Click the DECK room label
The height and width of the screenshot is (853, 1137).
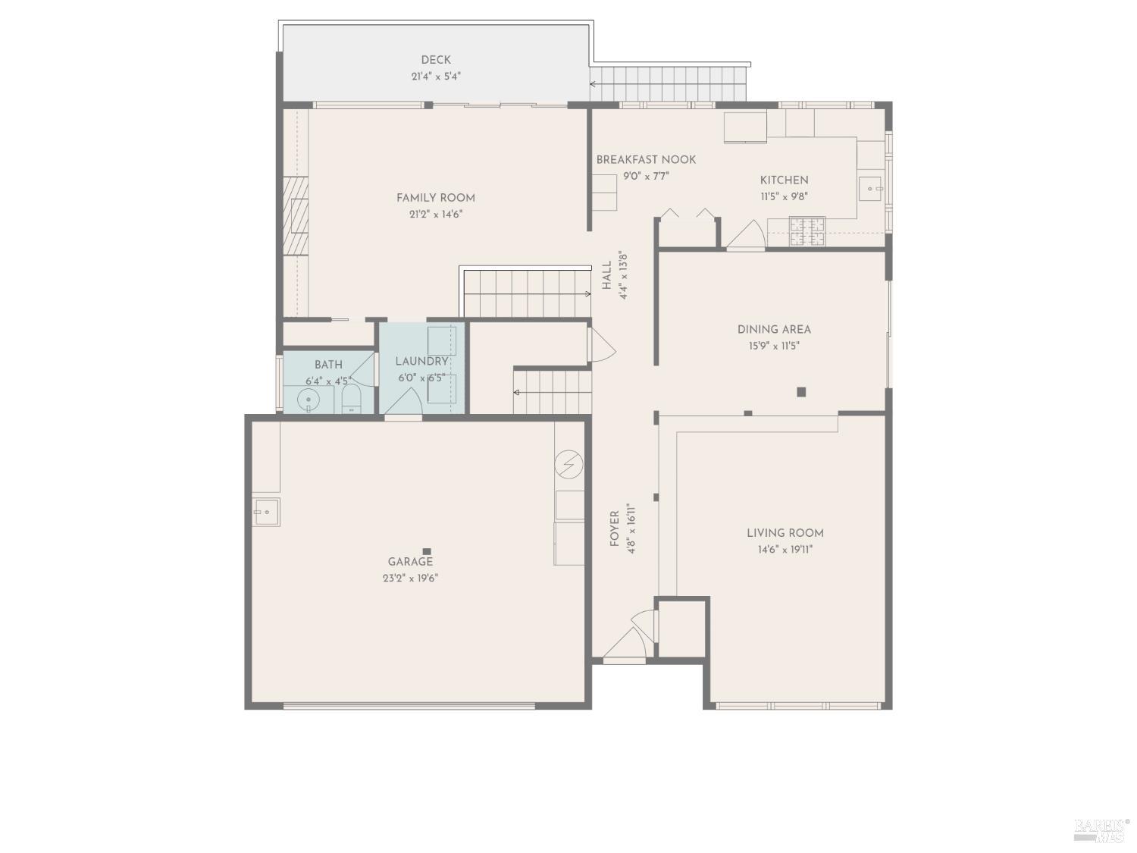[x=436, y=60]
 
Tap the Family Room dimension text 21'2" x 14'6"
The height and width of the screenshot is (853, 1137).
[x=436, y=215]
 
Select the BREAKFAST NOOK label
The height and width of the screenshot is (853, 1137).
[x=646, y=160]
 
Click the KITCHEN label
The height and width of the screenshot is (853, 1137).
[x=784, y=180]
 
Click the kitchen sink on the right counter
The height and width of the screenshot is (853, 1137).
[x=872, y=187]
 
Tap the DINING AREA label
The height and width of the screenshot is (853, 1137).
[x=774, y=330]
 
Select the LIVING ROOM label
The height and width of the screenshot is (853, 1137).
[x=785, y=533]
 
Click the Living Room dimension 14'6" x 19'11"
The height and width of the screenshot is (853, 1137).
[x=785, y=550]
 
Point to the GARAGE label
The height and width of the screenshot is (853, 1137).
[x=410, y=562]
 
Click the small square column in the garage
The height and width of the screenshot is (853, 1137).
[x=427, y=551]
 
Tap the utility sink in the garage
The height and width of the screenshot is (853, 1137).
[x=266, y=513]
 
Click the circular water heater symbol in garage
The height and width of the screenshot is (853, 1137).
[x=568, y=464]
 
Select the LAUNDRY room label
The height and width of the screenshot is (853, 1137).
[x=421, y=362]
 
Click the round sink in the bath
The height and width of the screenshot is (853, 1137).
[x=308, y=399]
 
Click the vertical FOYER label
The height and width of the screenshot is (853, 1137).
[x=615, y=528]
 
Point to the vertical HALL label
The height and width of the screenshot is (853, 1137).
[x=607, y=275]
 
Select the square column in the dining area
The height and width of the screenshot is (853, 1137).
[x=801, y=392]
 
